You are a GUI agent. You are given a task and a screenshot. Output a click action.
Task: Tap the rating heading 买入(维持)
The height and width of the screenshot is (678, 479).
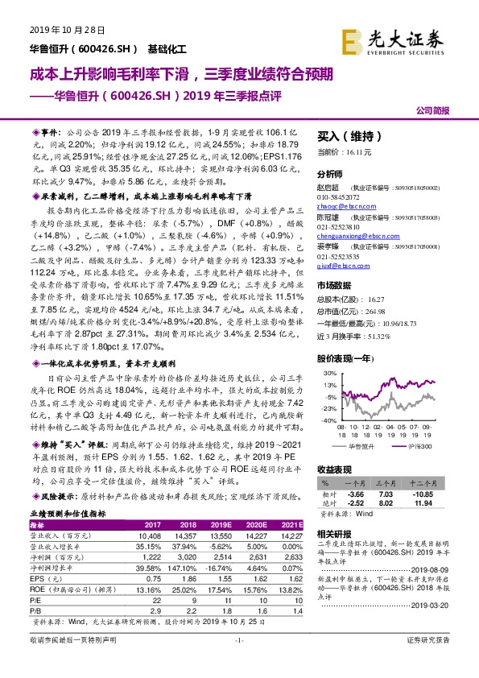coord(346,136)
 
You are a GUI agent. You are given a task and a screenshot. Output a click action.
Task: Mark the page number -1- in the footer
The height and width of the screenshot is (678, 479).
coord(238,661)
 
